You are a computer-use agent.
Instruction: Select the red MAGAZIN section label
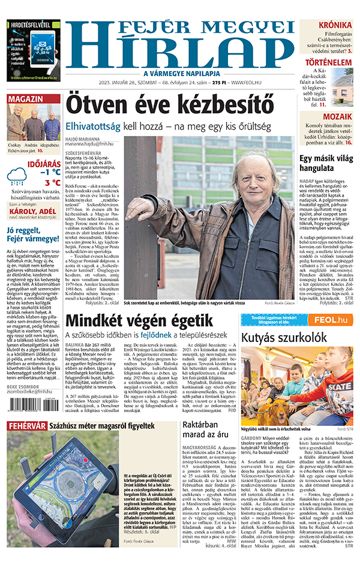25,99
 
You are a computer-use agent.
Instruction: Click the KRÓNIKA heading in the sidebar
335,25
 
